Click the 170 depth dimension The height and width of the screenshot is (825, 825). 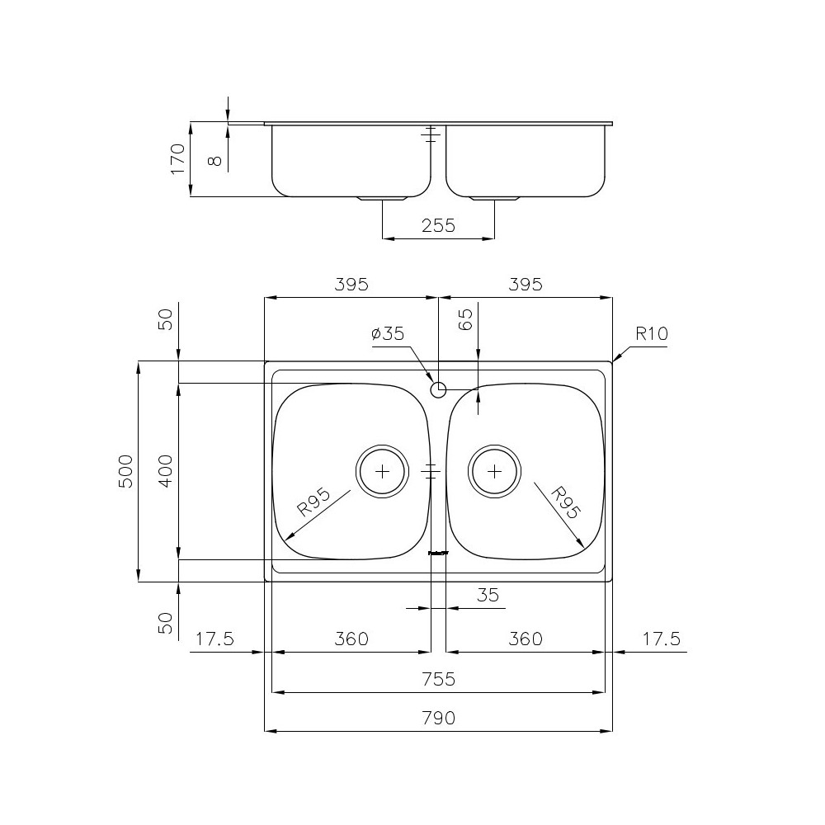pos(176,158)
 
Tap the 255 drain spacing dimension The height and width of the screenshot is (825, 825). pos(438,225)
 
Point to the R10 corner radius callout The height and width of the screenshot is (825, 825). pos(651,334)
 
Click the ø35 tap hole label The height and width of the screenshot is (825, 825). pos(387,333)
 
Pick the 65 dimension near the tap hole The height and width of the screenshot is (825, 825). pos(465,319)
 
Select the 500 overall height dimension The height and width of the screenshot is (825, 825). pos(125,471)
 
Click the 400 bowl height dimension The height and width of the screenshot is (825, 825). pos(165,471)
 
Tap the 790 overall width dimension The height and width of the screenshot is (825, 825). pos(438,719)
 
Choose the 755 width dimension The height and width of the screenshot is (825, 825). pos(438,679)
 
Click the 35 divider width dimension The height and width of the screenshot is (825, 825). pos(488,595)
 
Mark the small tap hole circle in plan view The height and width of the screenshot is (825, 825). pos(438,389)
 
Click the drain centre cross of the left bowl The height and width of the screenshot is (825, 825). pos(381,471)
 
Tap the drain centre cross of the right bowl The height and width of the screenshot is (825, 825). pos(493,471)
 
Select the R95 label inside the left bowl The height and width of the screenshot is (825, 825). pos(313,502)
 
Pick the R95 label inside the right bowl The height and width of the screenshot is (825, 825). pos(565,502)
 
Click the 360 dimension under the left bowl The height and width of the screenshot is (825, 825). pos(351,639)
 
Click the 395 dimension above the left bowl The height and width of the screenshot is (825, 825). pos(351,285)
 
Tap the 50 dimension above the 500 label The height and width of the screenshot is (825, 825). pos(165,318)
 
